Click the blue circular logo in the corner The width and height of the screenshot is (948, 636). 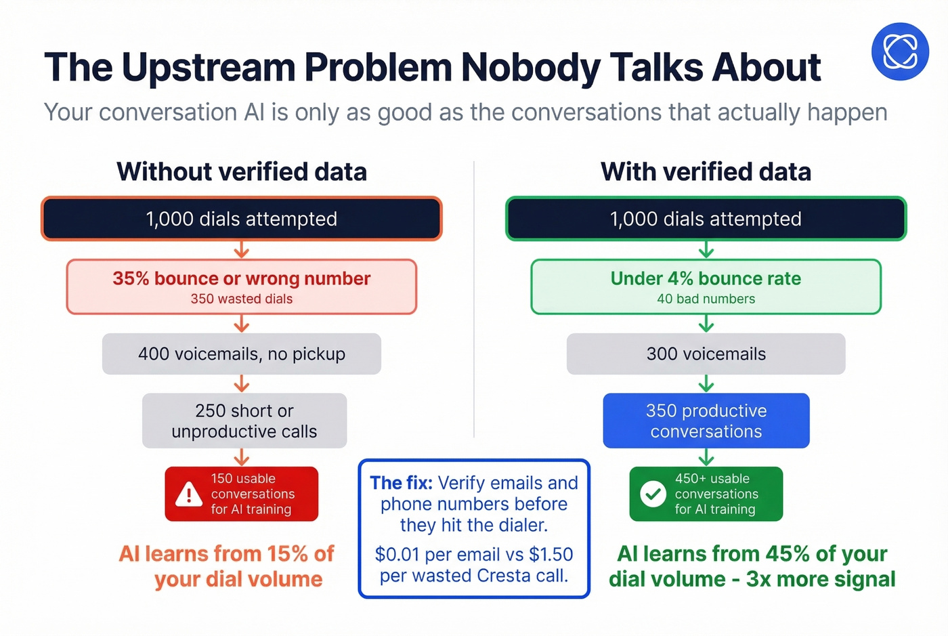click(x=900, y=51)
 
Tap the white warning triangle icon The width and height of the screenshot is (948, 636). click(x=188, y=495)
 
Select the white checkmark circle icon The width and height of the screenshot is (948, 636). click(x=653, y=494)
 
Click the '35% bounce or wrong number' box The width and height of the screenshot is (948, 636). click(x=242, y=287)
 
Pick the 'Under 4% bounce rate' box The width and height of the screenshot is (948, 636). click(x=706, y=287)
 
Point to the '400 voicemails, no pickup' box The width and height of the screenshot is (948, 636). click(x=242, y=354)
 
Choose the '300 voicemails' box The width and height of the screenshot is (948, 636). click(x=706, y=354)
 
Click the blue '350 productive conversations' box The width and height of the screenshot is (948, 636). click(x=706, y=421)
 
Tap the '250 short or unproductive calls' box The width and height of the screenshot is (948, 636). click(x=244, y=421)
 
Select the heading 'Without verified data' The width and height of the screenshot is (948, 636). click(x=242, y=172)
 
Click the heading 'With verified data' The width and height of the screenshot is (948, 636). click(x=706, y=172)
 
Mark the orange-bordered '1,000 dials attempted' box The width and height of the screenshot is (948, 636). click(x=242, y=219)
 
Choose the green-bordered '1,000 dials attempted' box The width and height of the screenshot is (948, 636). click(x=706, y=219)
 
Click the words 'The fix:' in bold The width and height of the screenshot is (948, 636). click(x=401, y=483)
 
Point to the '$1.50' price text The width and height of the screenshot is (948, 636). click(x=551, y=554)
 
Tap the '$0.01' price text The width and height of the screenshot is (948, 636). click(x=397, y=554)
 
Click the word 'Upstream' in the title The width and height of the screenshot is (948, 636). click(x=209, y=68)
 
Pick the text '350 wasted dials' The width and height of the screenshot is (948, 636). click(x=242, y=299)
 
